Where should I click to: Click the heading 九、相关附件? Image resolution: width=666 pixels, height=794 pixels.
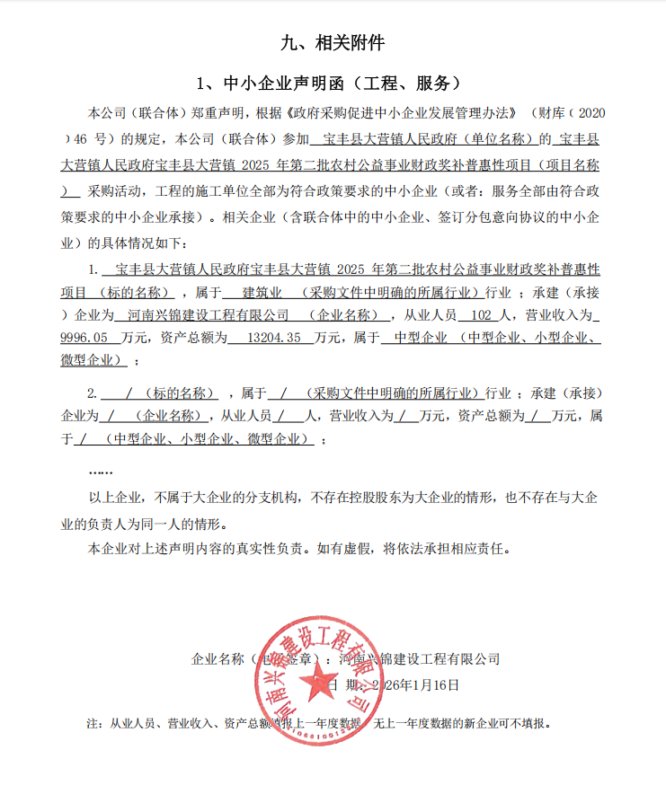click(x=333, y=42)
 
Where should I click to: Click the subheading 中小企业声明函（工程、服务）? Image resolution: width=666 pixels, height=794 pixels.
click(x=333, y=84)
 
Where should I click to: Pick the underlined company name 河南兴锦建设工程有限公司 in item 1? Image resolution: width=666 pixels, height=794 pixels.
click(x=204, y=315)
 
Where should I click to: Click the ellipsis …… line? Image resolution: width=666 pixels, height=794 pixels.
click(x=101, y=470)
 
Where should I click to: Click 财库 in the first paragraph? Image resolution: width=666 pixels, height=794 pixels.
click(x=545, y=116)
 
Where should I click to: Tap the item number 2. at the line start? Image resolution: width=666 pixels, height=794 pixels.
click(x=92, y=393)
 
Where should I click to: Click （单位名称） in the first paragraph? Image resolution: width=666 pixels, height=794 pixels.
click(x=501, y=139)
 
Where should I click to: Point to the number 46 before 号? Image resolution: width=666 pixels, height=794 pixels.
click(x=85, y=139)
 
